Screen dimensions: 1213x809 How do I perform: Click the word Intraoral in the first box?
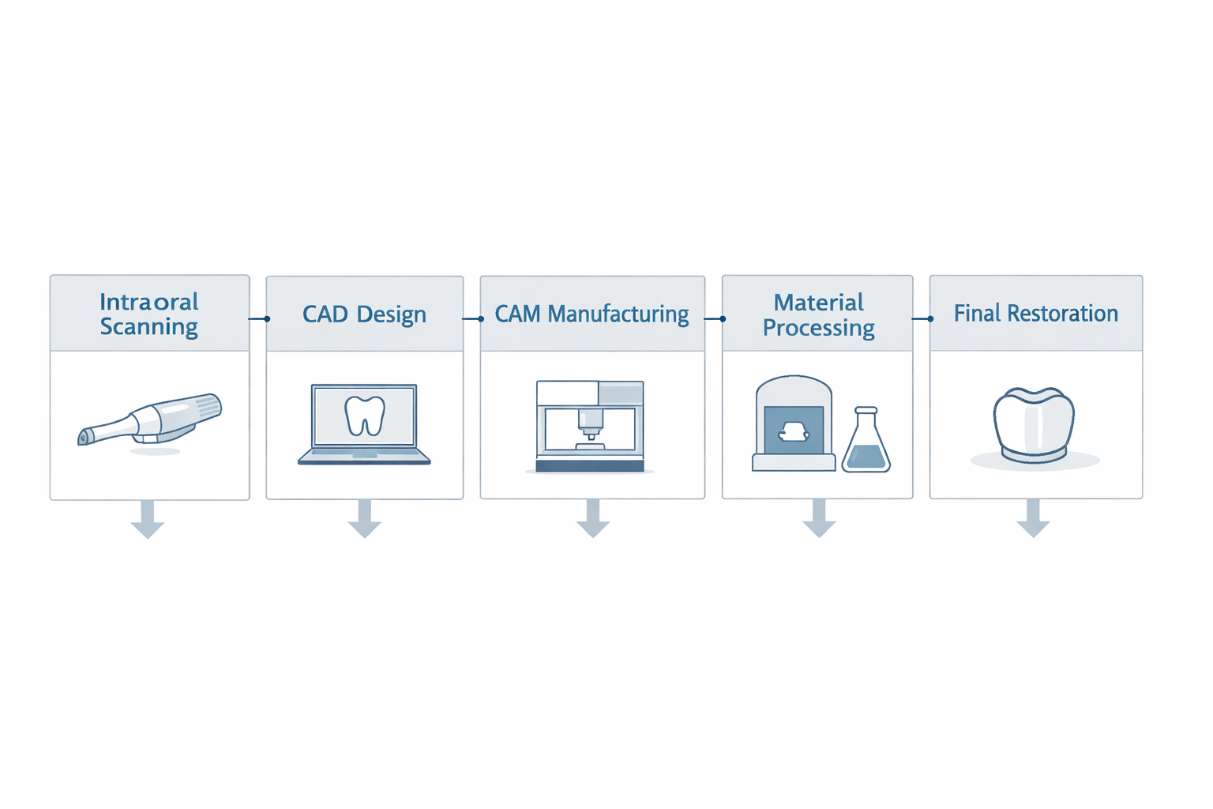[149, 302]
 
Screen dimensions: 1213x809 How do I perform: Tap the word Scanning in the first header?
[149, 327]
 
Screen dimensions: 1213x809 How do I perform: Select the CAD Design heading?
[364, 314]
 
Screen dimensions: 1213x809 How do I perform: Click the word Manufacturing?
[618, 314]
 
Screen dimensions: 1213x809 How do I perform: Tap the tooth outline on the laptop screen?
[365, 416]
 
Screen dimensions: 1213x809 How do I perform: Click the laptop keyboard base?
[364, 457]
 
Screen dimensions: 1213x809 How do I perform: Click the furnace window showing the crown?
[794, 431]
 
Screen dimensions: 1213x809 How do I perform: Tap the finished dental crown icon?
[1034, 425]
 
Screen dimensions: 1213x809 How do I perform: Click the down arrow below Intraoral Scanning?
[148, 519]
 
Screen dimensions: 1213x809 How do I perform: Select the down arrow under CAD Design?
[364, 518]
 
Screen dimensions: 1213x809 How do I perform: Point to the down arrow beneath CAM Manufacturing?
[593, 518]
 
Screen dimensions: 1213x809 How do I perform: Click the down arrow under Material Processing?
[819, 518]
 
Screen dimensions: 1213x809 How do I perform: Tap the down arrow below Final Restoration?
[1033, 518]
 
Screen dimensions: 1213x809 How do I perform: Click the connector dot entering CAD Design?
[267, 319]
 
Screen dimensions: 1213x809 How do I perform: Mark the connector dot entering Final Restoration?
[930, 319]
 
